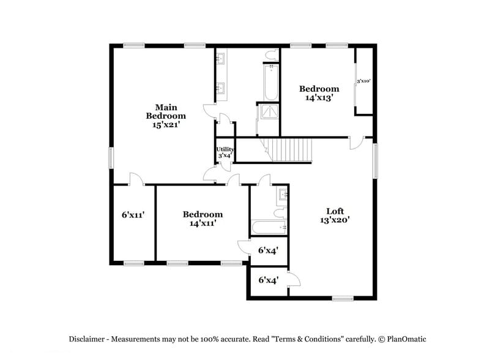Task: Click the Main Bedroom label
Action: (x=165, y=111)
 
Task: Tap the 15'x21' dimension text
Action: (x=165, y=124)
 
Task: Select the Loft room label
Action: (x=334, y=211)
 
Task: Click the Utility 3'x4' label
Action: (x=225, y=152)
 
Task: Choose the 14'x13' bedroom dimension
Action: (x=318, y=97)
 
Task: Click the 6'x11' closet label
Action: (x=133, y=215)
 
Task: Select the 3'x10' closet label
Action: (x=363, y=81)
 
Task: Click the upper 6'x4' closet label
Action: (x=268, y=250)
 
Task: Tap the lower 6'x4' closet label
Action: (x=268, y=280)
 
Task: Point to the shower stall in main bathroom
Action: (x=268, y=111)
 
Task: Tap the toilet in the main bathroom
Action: (x=271, y=55)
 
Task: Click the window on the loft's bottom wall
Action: (x=343, y=298)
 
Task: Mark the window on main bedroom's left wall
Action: (x=111, y=157)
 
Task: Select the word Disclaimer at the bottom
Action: (x=86, y=339)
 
